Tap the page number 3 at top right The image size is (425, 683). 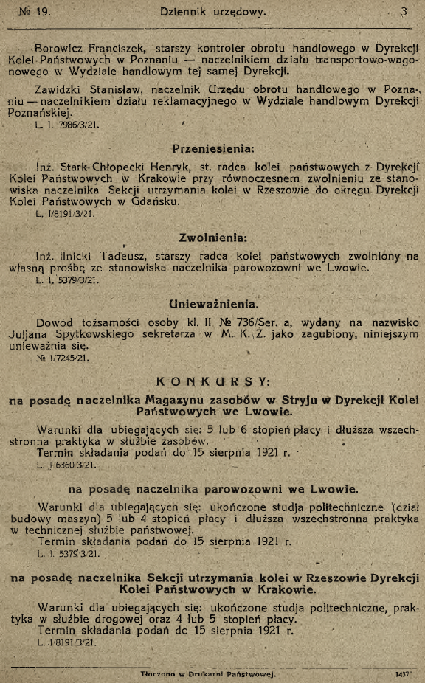click(x=404, y=12)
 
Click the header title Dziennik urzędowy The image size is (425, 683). click(x=213, y=12)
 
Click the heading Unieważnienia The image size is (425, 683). click(x=213, y=303)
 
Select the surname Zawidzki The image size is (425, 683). click(x=61, y=89)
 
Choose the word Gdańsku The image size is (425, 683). click(x=151, y=203)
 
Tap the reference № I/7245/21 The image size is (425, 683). click(x=62, y=358)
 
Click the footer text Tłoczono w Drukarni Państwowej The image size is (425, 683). click(x=208, y=674)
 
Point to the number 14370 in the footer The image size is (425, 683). click(x=402, y=674)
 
